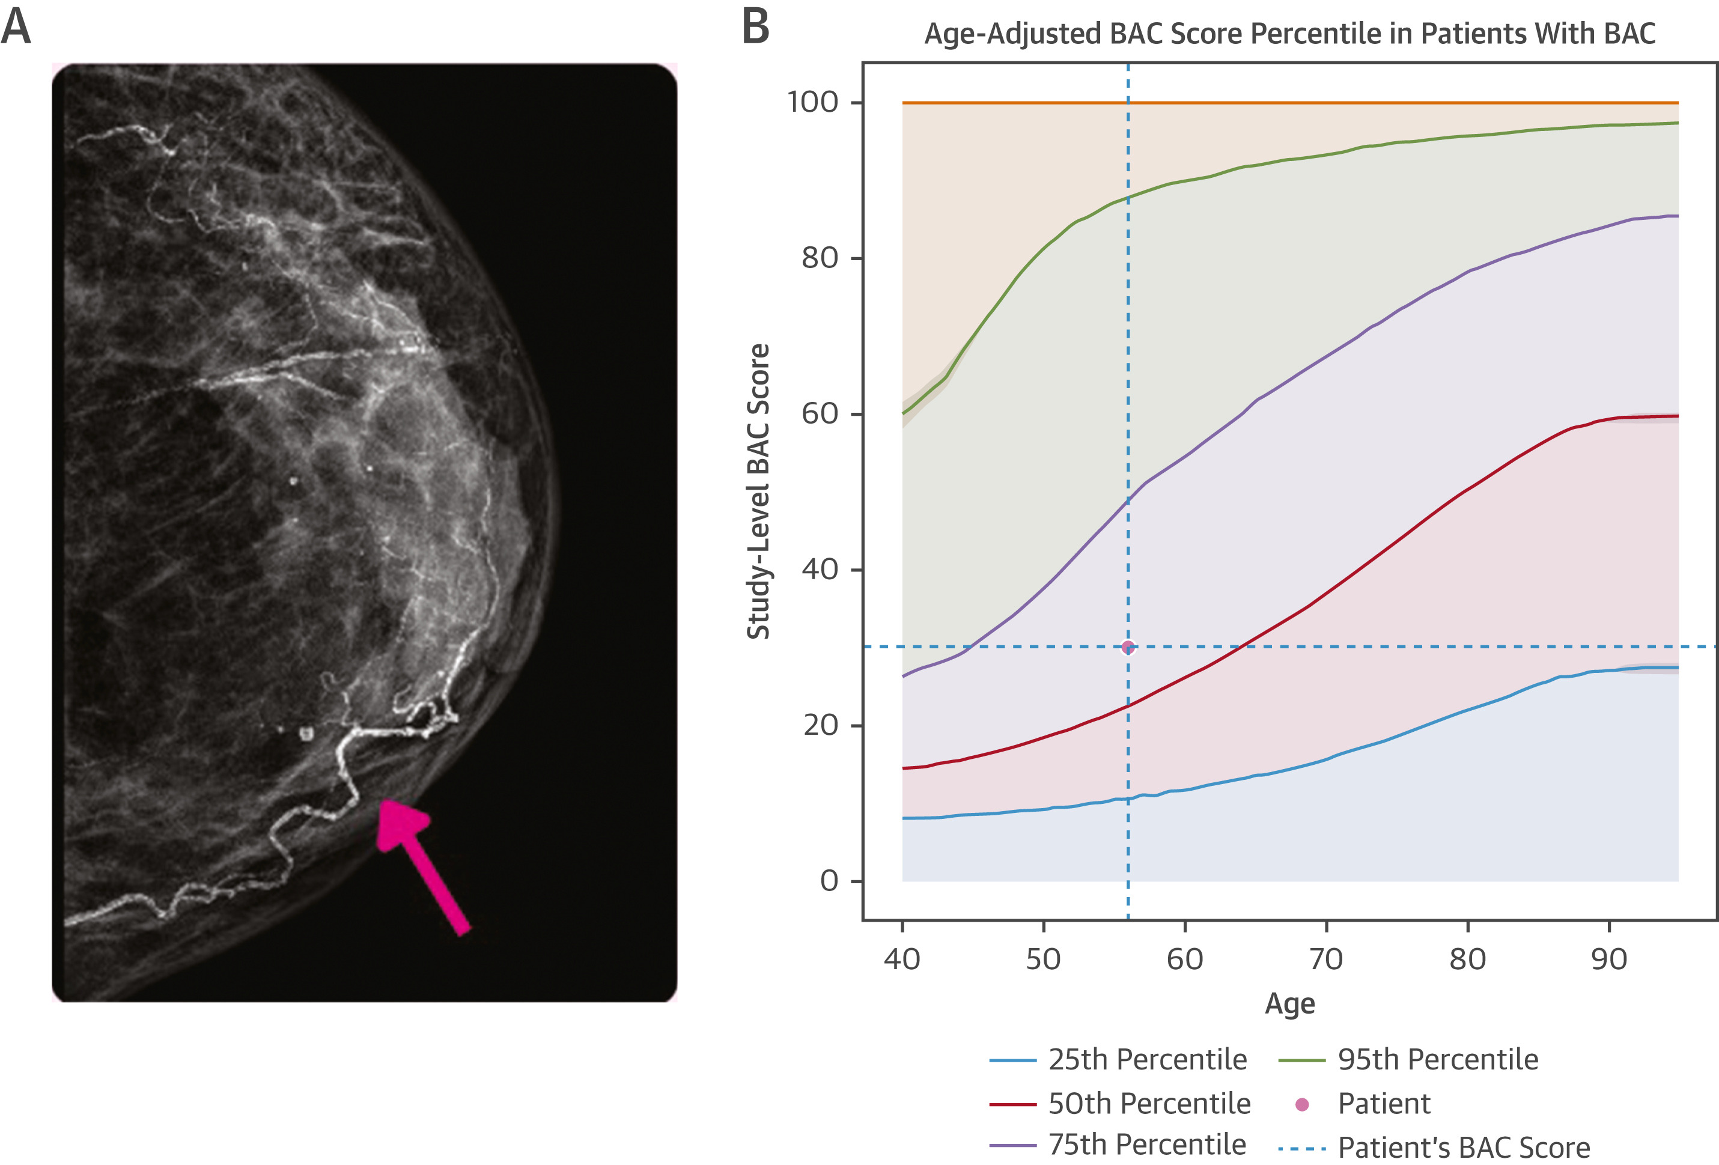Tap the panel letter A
(16, 28)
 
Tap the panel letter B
(755, 28)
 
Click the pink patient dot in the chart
(1127, 647)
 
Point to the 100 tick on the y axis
(812, 102)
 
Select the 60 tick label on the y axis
(820, 413)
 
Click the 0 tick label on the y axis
(829, 881)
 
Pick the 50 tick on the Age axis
(1043, 960)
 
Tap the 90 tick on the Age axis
(1609, 960)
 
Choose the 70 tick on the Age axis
(1325, 960)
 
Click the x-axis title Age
(1290, 1004)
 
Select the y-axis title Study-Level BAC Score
(758, 492)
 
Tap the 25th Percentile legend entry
(1146, 1060)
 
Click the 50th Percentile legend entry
(1149, 1104)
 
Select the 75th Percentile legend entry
(1146, 1145)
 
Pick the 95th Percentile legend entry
(1437, 1060)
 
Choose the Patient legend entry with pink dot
(1383, 1104)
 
